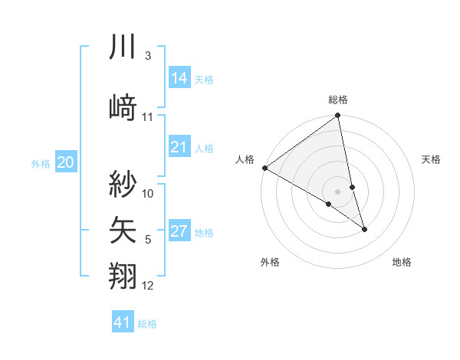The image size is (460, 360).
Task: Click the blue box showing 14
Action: [x=179, y=77]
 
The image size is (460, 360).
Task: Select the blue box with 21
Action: [x=179, y=147]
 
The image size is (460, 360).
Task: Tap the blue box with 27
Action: [x=179, y=231]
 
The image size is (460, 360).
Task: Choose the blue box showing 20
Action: [x=66, y=162]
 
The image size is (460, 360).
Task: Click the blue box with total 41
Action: [x=123, y=322]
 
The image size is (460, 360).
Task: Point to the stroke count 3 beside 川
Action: [x=148, y=56]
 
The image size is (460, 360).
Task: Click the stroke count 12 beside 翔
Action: [x=148, y=286]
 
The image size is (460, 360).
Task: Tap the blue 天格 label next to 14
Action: [x=204, y=79]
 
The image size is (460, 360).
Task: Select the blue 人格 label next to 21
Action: [x=204, y=149]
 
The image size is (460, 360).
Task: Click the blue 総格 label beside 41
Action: [x=147, y=324]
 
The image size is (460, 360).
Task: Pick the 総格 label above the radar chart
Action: [x=338, y=100]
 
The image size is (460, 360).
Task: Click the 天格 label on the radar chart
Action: [x=431, y=159]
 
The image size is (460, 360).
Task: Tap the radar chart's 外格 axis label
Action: [x=270, y=262]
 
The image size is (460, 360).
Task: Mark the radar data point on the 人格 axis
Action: [x=264, y=168]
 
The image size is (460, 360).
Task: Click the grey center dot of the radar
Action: [x=338, y=191]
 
